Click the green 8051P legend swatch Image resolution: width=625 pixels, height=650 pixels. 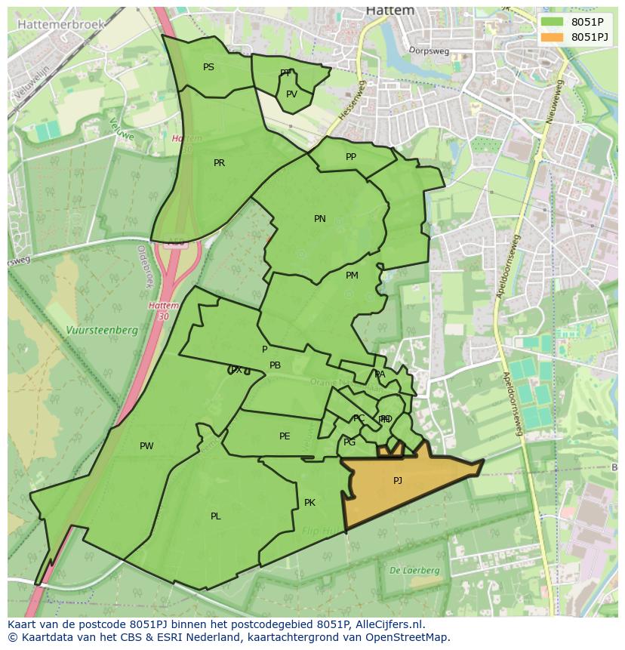click(552, 22)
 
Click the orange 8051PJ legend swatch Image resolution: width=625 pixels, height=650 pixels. click(552, 37)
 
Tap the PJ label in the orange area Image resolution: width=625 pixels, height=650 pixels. click(398, 480)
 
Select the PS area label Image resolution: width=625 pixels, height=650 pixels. click(208, 67)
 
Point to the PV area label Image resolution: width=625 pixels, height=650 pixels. click(291, 94)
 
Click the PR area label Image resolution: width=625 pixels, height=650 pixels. click(219, 163)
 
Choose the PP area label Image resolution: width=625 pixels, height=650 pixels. click(350, 157)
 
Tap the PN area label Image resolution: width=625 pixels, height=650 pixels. click(320, 219)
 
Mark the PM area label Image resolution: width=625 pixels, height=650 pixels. click(352, 276)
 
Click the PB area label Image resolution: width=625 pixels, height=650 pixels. click(275, 365)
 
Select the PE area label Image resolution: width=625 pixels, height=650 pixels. click(285, 436)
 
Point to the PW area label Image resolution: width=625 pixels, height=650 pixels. click(146, 446)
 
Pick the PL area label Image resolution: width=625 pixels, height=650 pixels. click(216, 516)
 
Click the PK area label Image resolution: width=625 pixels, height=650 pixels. click(309, 503)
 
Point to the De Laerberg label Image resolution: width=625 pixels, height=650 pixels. click(414, 571)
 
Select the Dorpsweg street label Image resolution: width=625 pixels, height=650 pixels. click(429, 51)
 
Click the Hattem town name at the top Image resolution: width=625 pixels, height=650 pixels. click(390, 11)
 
